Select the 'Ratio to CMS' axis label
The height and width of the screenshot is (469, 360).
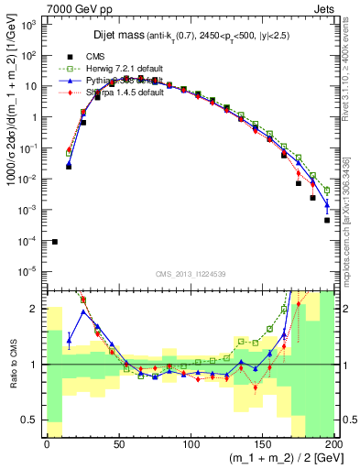tap(13, 365)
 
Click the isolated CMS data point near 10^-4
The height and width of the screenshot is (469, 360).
tap(54, 242)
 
